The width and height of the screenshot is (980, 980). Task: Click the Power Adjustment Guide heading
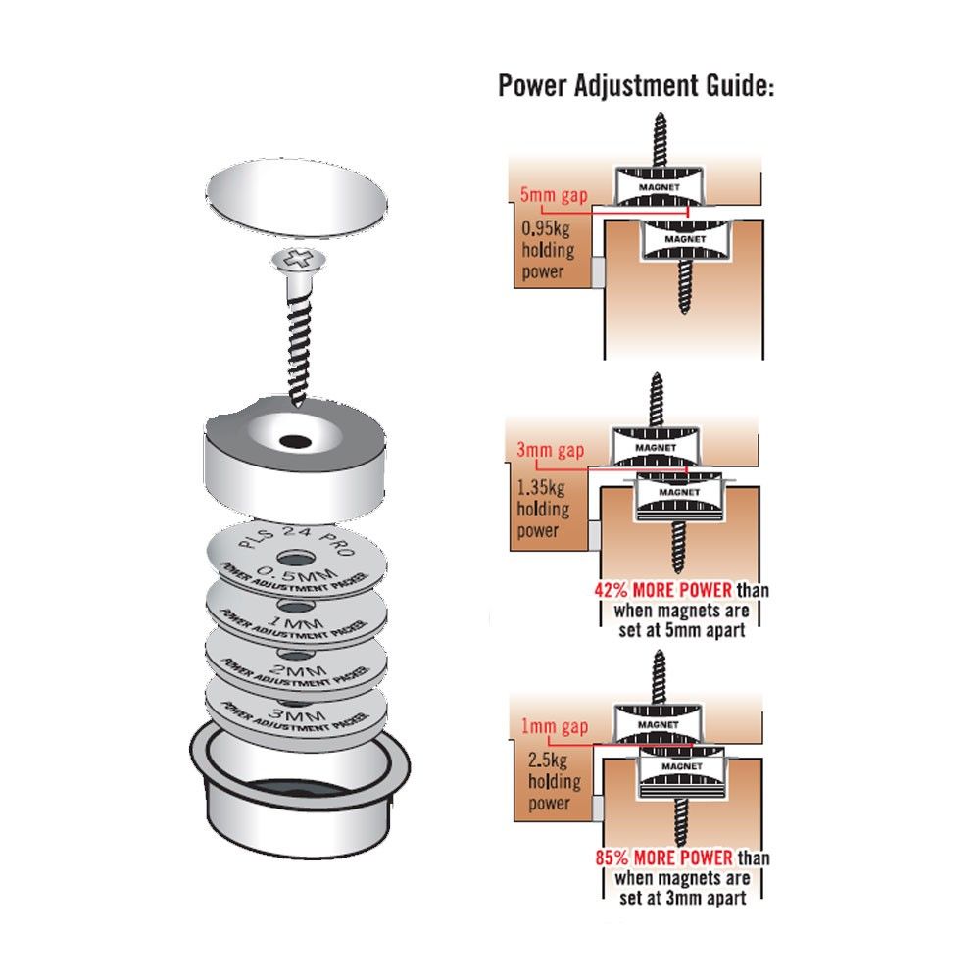[636, 85]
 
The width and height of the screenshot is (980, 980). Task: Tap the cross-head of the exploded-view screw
[298, 260]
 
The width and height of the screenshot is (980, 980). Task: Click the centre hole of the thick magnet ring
[295, 442]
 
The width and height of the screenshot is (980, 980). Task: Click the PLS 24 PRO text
[298, 539]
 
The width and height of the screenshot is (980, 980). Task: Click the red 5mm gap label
[554, 196]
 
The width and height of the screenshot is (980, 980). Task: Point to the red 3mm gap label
[551, 451]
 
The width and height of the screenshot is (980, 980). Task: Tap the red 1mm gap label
[555, 727]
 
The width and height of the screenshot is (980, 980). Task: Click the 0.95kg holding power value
[546, 228]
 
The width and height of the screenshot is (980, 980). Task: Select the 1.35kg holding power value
[541, 487]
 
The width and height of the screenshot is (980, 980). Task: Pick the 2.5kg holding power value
[548, 759]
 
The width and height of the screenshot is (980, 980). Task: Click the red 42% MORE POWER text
[663, 590]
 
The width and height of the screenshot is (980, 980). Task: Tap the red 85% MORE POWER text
[663, 857]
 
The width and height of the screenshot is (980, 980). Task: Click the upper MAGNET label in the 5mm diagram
[659, 187]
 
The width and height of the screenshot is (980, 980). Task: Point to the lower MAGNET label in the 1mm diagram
[682, 766]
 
